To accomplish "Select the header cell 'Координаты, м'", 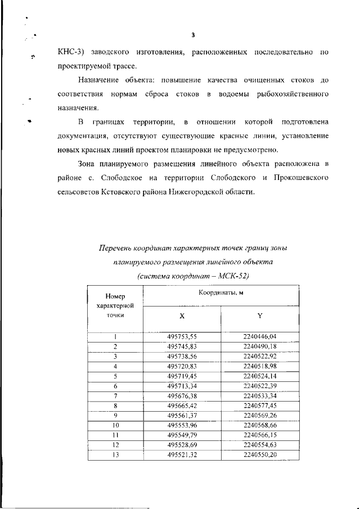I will point(220,292).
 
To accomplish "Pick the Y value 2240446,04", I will point(260,336).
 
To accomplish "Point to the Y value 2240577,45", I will point(260,406).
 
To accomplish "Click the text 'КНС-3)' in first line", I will point(71,52).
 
